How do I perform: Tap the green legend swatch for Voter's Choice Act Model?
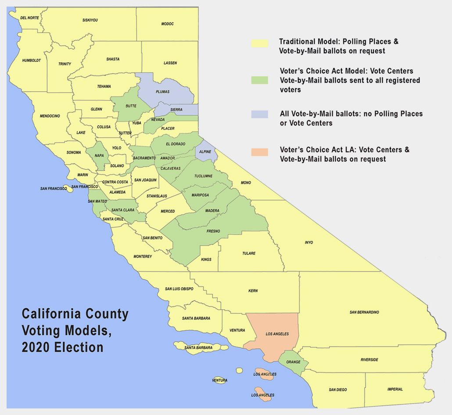pyautogui.click(x=259, y=80)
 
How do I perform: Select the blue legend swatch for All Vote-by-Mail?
pyautogui.click(x=259, y=114)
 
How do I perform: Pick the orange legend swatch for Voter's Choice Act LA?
pyautogui.click(x=259, y=152)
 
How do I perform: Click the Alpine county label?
pyautogui.click(x=205, y=152)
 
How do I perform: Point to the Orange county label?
pyautogui.click(x=294, y=362)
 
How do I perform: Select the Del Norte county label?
pyautogui.click(x=30, y=18)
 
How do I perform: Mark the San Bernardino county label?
pyautogui.click(x=364, y=312)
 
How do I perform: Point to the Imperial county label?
pyautogui.click(x=395, y=389)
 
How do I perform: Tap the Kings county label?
pyautogui.click(x=206, y=260)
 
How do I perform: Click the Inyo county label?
pyautogui.click(x=309, y=242)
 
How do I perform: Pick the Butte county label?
pyautogui.click(x=131, y=106)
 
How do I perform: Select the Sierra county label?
pyautogui.click(x=176, y=110)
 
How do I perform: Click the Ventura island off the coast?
pyautogui.click(x=219, y=380)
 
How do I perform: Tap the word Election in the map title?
pyautogui.click(x=79, y=347)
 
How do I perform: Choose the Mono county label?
pyautogui.click(x=245, y=182)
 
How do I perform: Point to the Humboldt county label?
pyautogui.click(x=32, y=60)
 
